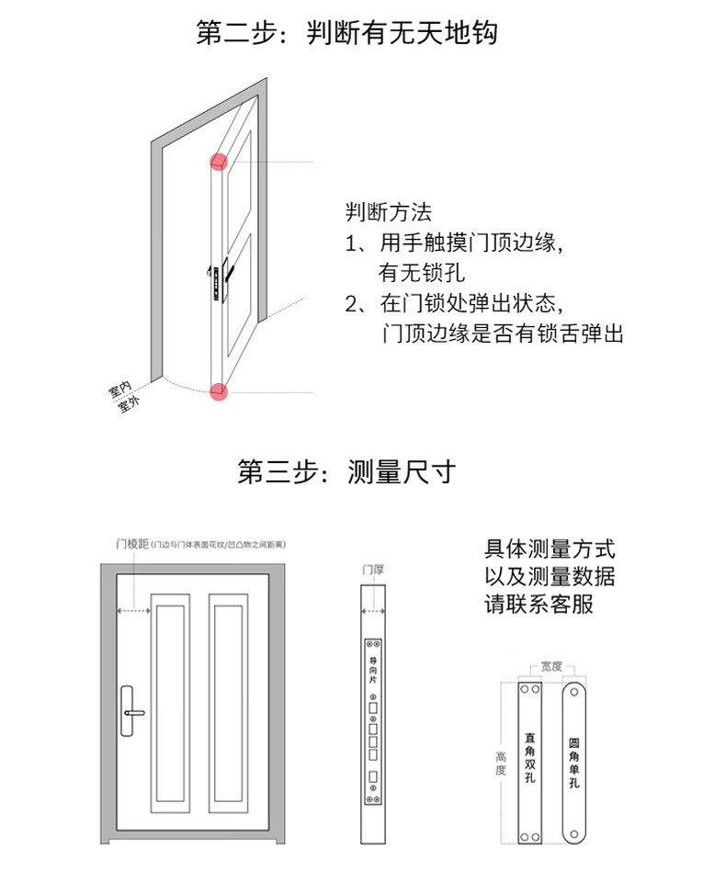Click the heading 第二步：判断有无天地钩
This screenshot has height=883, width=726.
[x=346, y=34]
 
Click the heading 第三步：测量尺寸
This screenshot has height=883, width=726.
[x=346, y=472]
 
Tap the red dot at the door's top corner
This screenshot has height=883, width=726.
[x=218, y=163]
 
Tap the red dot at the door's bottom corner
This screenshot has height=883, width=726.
[x=219, y=391]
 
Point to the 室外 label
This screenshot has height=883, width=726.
[x=128, y=405]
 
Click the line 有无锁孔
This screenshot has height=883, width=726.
[x=422, y=273]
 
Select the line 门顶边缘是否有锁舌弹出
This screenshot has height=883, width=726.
[x=502, y=333]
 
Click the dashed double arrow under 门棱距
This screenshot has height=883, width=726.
[x=133, y=609]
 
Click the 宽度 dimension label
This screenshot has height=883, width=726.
[x=551, y=665]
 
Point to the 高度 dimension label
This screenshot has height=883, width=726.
[x=501, y=763]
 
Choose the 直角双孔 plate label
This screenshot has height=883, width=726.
[x=530, y=757]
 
